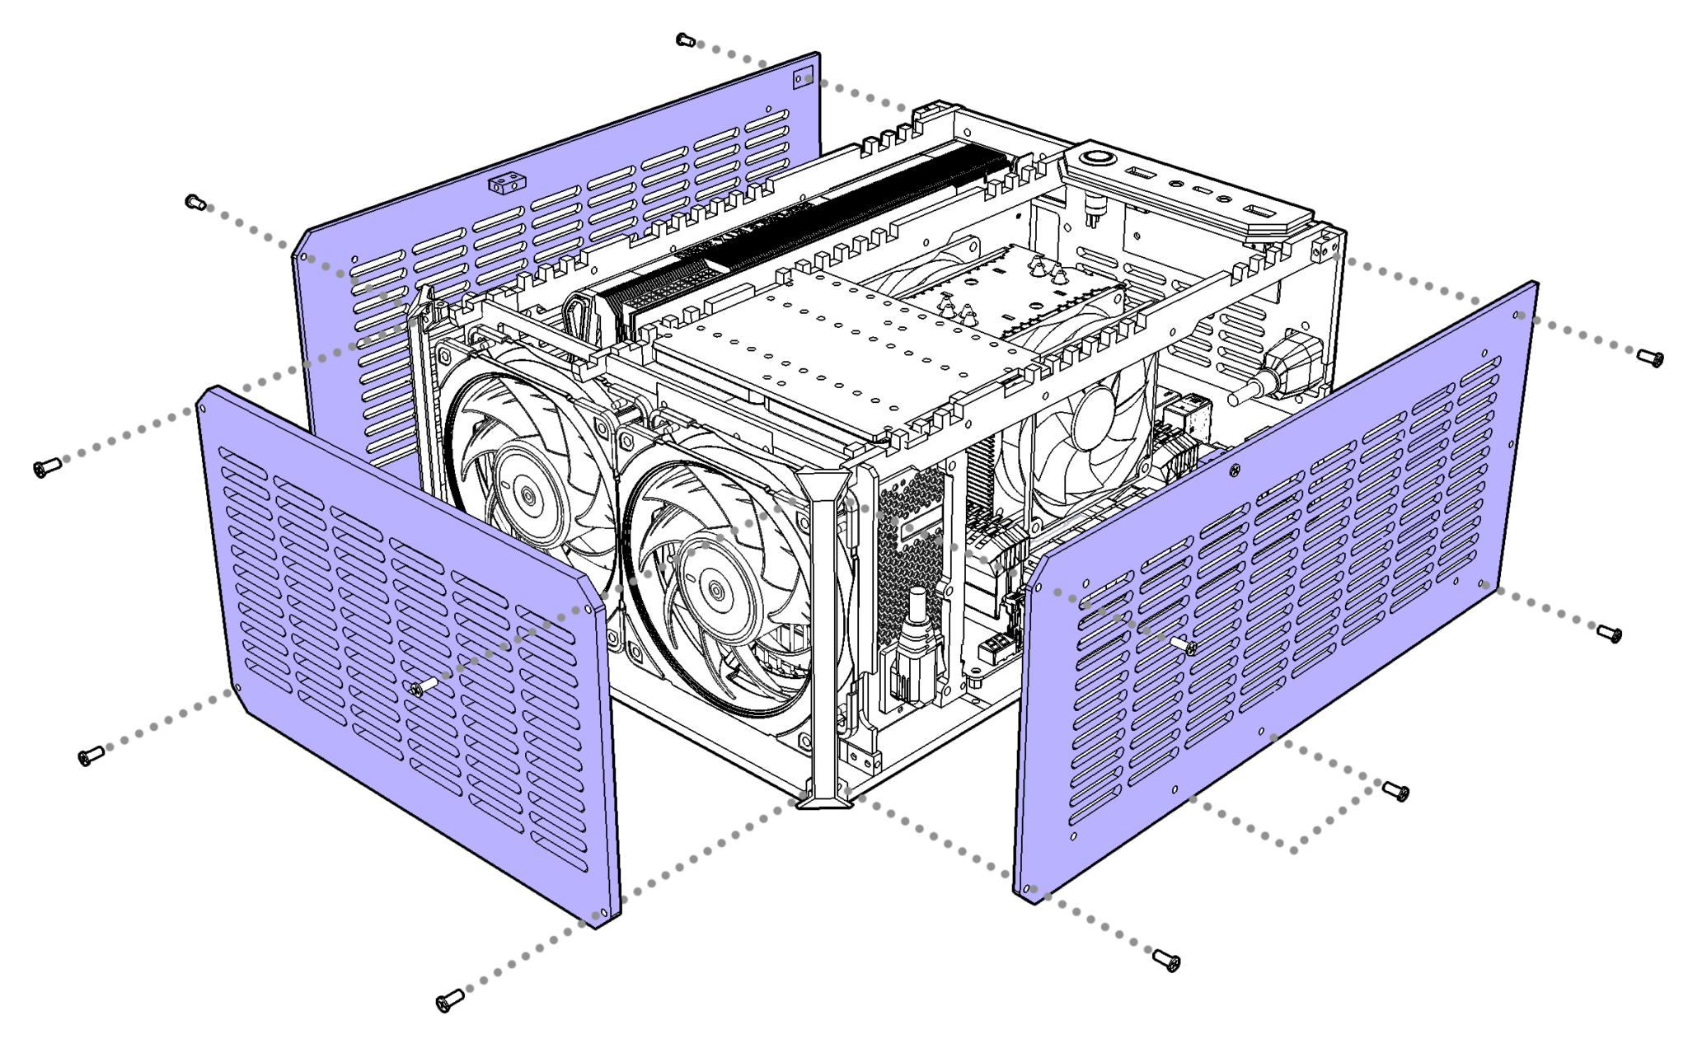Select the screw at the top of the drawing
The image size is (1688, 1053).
[x=687, y=40]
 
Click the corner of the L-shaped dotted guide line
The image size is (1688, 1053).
[x=1295, y=849]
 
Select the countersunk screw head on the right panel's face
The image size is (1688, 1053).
[x=1234, y=470]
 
